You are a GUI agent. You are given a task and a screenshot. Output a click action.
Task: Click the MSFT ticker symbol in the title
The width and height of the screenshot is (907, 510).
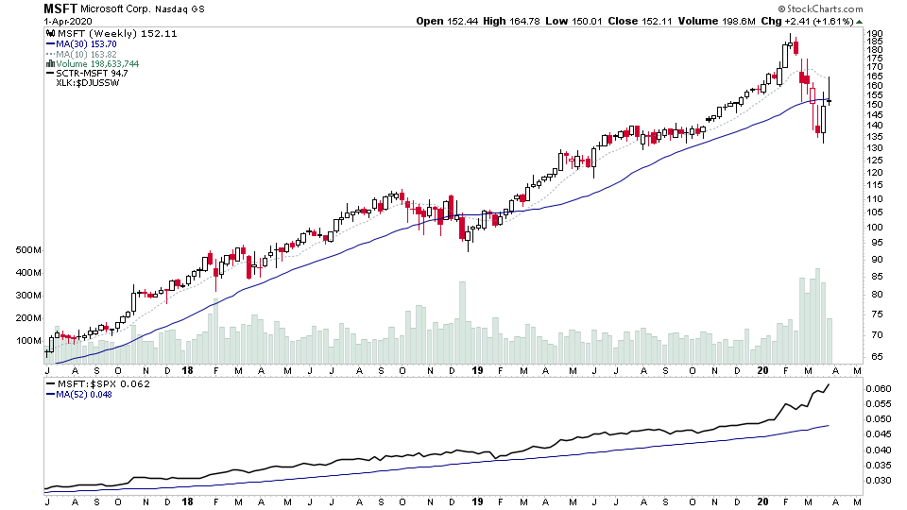pos(61,8)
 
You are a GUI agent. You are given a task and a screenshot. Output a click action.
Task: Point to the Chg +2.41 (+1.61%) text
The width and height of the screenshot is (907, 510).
pos(836,20)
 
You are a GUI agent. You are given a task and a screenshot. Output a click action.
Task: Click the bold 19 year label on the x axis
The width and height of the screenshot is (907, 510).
pos(476,370)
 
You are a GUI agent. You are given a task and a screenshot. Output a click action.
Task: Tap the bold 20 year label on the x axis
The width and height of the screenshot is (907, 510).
pos(762,370)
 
